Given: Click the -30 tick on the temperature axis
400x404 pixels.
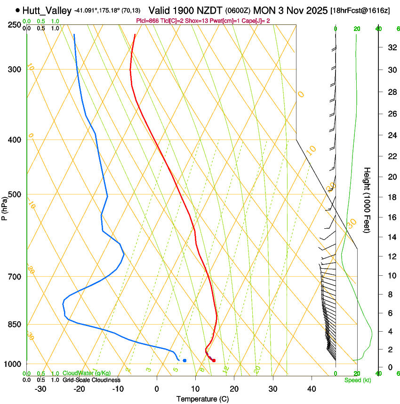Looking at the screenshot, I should (x=40, y=389).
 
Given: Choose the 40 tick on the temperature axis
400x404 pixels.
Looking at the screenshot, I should (x=311, y=389).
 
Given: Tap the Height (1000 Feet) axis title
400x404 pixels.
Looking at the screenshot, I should (x=367, y=200).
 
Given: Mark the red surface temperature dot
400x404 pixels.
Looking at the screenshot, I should (x=214, y=360).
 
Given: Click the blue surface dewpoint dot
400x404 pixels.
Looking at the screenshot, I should (x=184, y=360).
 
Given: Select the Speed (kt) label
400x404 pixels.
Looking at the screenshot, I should (x=358, y=380).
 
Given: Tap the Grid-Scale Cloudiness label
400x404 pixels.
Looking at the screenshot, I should (x=91, y=380).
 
